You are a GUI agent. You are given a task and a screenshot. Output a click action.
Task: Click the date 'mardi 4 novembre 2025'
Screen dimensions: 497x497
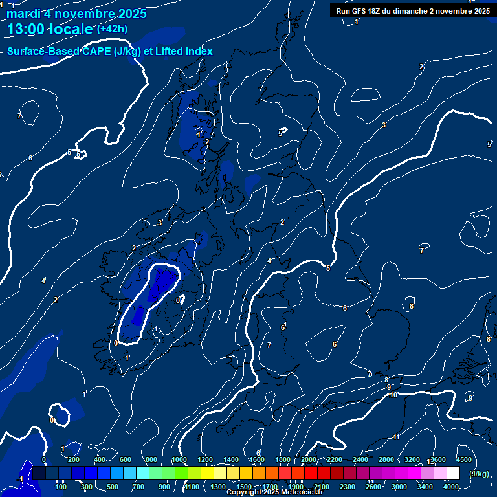tap(76, 14)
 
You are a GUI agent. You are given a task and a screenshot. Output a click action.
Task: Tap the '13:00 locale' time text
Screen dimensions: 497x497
tap(50, 29)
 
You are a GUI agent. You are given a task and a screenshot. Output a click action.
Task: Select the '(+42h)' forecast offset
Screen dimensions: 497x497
tap(112, 28)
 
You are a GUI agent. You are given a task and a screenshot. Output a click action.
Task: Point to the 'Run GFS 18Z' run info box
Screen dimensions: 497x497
tap(412, 11)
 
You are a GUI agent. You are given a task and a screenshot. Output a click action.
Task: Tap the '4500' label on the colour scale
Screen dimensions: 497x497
tap(464, 459)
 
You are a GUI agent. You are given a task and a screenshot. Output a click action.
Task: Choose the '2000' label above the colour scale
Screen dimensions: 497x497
tap(309, 459)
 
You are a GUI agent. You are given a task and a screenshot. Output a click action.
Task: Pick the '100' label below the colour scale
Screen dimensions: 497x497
tap(61, 486)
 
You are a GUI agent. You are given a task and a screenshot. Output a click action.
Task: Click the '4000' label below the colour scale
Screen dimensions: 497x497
tap(450, 486)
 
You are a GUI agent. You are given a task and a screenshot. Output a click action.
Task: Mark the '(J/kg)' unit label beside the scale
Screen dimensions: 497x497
tap(479, 474)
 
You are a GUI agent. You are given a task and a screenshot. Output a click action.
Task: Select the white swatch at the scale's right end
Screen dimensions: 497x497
tap(453, 473)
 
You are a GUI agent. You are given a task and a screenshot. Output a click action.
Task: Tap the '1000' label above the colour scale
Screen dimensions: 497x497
tap(179, 459)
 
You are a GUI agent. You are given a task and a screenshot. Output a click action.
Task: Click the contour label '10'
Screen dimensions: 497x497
tap(393, 395)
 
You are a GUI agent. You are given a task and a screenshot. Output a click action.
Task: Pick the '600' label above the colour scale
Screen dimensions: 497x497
tap(126, 459)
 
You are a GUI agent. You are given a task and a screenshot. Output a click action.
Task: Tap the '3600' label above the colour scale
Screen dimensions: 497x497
tap(438, 459)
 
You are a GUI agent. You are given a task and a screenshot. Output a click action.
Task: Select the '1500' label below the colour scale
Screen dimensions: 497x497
tap(244, 486)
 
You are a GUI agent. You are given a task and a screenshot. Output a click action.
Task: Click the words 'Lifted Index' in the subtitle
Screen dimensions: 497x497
tap(185, 52)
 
